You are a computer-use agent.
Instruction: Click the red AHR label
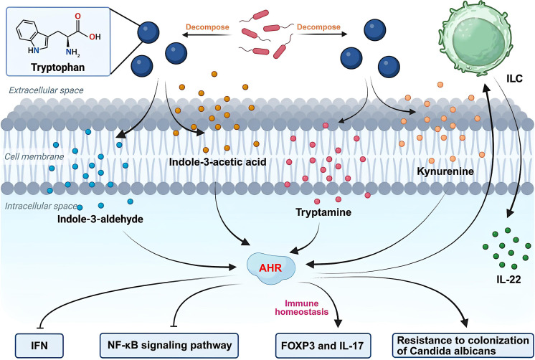point(270,267)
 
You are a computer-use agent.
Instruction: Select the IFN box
point(39,346)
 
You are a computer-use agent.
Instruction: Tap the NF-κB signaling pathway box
point(169,346)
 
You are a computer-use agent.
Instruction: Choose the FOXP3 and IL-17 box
point(323,346)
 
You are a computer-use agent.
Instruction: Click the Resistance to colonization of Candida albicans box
point(463,346)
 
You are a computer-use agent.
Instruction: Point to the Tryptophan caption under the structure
point(57,67)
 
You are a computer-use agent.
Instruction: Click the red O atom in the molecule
point(77,16)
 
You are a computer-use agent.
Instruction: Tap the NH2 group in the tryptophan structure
point(72,52)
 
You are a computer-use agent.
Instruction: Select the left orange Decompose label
point(207,27)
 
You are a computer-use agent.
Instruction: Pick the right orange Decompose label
point(318,27)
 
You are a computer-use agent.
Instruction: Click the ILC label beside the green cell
point(514,79)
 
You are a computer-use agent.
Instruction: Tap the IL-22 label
point(508,280)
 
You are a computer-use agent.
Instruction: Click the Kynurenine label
point(445,171)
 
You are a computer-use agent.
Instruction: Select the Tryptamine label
point(323,212)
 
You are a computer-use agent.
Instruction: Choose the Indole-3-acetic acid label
point(218,162)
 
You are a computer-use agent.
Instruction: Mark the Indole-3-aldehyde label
point(100,219)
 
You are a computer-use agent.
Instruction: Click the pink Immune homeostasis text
point(302,308)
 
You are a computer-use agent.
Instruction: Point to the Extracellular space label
point(46,90)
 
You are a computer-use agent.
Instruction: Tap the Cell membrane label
point(34,156)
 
